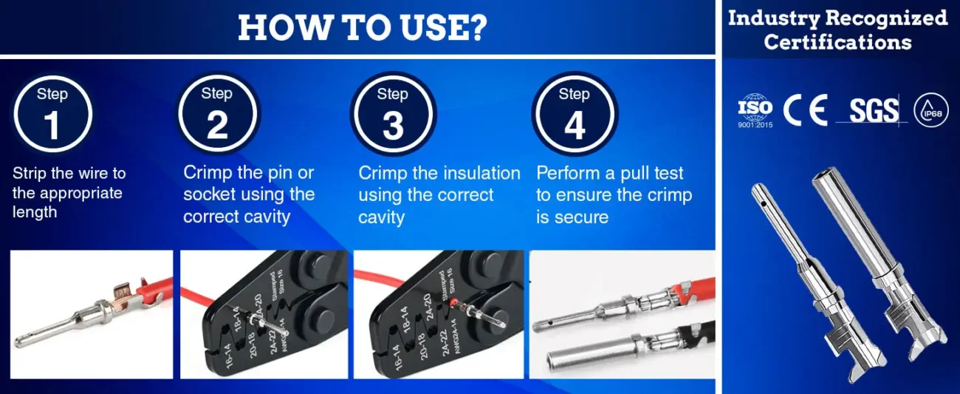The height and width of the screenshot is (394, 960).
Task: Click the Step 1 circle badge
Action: tap(52, 114)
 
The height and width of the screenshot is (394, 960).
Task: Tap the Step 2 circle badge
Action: tap(217, 113)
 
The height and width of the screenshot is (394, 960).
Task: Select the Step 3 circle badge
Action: tap(393, 114)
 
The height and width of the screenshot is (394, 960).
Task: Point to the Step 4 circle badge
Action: tap(575, 114)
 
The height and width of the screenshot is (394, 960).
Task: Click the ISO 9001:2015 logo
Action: tap(755, 111)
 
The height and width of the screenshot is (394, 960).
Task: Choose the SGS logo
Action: tap(873, 111)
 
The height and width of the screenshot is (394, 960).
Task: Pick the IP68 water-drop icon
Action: tap(931, 110)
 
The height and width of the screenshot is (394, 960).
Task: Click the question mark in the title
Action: tap(476, 27)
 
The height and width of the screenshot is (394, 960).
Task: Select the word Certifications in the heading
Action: tap(837, 42)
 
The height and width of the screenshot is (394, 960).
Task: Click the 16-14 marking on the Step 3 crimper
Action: tap(399, 356)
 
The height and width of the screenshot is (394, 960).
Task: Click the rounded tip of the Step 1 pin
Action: tap(18, 342)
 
